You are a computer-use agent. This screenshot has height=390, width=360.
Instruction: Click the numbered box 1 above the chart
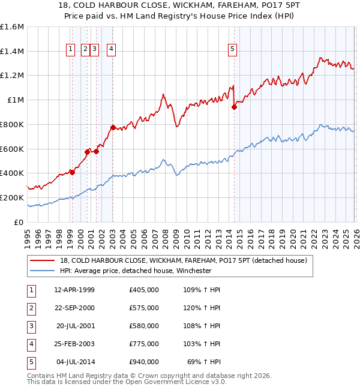pos(71,50)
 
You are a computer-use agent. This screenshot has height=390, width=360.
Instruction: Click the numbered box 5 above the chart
pos(232,50)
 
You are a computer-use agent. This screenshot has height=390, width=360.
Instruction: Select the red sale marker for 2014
pos(234,107)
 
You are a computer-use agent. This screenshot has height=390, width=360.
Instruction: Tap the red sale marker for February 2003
pos(113,127)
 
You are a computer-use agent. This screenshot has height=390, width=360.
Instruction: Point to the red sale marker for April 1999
pos(72,172)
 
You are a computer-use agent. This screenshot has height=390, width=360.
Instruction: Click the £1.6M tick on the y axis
pos(12,27)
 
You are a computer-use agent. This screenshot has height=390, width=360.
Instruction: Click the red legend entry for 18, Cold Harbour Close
pos(184,260)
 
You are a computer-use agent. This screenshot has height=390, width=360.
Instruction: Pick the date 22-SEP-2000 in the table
pos(74,308)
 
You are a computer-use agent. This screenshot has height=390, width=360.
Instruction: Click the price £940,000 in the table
pos(144,362)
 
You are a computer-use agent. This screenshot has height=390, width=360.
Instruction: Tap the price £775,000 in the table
pos(144,344)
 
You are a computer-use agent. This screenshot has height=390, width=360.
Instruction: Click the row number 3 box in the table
pos(31,326)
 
